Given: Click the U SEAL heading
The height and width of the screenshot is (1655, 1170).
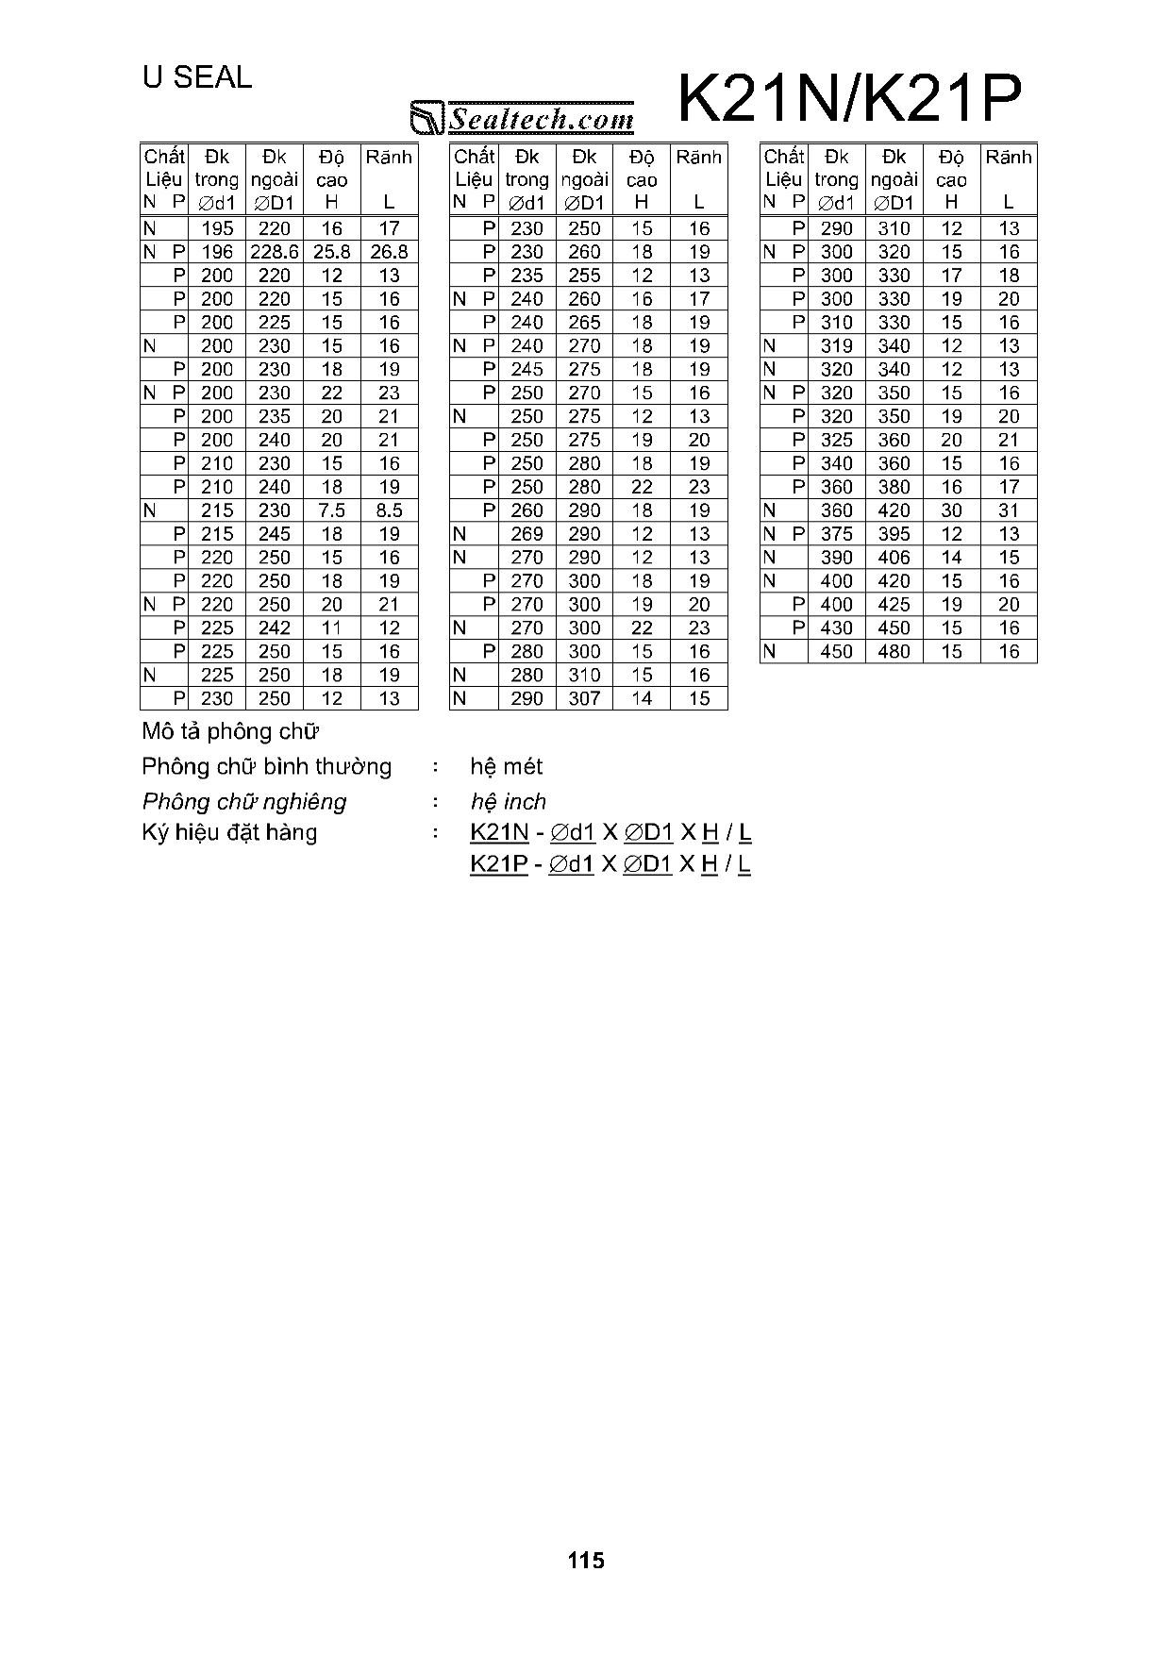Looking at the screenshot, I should point(197,77).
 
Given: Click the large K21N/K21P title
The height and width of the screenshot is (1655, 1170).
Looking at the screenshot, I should point(849,99).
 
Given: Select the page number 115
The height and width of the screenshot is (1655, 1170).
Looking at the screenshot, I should point(586,1561).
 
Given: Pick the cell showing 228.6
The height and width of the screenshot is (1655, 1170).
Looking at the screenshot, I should point(274,252).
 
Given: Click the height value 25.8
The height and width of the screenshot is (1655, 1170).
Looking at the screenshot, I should point(331,252).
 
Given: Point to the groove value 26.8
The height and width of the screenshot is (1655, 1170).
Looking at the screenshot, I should point(389,252).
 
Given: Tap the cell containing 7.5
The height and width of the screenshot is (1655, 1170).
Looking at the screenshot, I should point(331,510).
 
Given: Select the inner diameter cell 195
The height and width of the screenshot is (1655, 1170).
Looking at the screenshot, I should point(216,228).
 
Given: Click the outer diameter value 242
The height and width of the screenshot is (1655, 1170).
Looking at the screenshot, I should point(274,628).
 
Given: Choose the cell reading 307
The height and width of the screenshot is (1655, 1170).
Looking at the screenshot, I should point(584,699).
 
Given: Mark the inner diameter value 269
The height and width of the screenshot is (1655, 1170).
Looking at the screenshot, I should point(526,534).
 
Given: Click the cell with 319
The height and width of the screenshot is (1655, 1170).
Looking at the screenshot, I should point(836,346).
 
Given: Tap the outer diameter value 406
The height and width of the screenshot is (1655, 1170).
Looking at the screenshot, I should point(894,558).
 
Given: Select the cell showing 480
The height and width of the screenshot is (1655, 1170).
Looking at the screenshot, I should point(894,652).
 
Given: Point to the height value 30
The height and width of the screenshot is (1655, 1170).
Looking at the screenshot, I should point(951,510).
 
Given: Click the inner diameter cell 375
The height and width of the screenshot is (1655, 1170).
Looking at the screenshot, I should point(836,534).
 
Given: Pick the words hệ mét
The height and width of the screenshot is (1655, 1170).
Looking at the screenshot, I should point(507,767).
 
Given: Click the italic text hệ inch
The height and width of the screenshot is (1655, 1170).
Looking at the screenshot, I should point(509,802).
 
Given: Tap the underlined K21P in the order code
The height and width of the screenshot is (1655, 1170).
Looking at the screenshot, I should point(498,864).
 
